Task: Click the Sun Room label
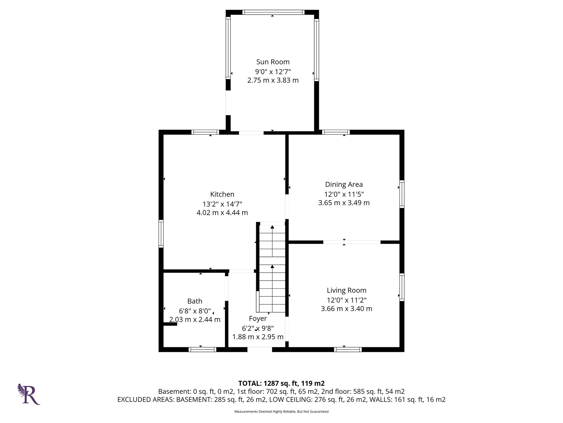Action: click(273, 62)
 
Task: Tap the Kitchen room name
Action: click(222, 194)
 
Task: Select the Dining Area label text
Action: click(344, 185)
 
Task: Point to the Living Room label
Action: click(346, 290)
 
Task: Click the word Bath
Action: click(195, 301)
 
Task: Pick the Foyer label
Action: click(258, 319)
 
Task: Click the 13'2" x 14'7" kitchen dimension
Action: click(222, 204)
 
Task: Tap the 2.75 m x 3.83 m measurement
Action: click(273, 80)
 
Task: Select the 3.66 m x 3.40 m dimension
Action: click(346, 309)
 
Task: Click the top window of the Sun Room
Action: click(273, 12)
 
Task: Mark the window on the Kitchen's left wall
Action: click(161, 234)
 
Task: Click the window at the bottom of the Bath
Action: click(202, 349)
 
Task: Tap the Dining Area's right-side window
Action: click(402, 194)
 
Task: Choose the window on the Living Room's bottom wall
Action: click(348, 349)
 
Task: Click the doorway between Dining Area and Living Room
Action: click(352, 242)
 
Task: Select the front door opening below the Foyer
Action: click(260, 349)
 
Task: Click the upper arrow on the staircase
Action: click(272, 227)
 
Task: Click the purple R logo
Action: click(29, 394)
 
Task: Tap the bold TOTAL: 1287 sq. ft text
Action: click(281, 383)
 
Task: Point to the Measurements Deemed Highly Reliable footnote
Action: click(281, 411)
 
